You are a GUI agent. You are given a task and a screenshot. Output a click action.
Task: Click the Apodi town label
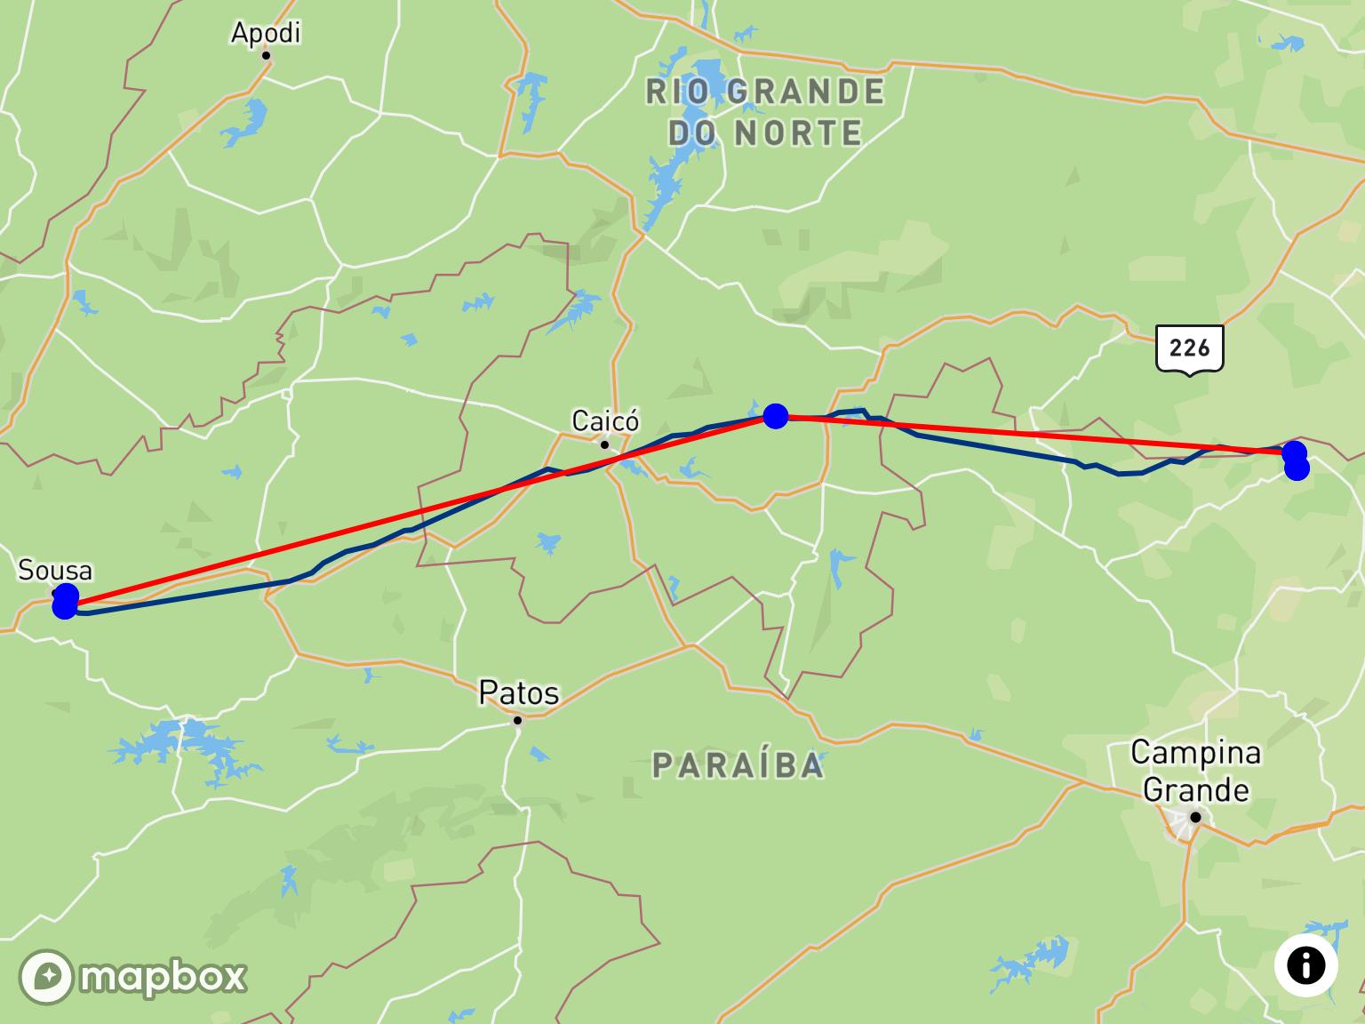(x=266, y=34)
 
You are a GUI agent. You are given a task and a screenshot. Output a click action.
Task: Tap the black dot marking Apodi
(x=266, y=55)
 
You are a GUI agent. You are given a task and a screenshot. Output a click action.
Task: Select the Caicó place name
(x=605, y=420)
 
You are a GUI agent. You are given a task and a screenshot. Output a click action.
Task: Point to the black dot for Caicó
(x=605, y=444)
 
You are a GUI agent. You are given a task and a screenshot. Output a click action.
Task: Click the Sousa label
(x=55, y=570)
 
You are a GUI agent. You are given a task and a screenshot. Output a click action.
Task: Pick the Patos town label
(x=519, y=692)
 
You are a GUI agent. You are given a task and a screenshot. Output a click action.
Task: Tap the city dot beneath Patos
(x=518, y=720)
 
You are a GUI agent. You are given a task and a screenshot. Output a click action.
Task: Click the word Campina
(x=1195, y=753)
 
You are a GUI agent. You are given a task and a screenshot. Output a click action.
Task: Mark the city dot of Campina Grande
(x=1196, y=817)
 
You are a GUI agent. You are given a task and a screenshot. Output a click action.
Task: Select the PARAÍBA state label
(x=738, y=765)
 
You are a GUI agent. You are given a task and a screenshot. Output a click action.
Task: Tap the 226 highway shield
(x=1190, y=348)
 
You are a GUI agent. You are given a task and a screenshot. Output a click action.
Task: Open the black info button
(x=1305, y=965)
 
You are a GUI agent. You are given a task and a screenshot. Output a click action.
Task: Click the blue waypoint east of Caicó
(x=776, y=415)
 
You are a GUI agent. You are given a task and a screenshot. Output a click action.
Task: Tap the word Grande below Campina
(x=1195, y=789)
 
